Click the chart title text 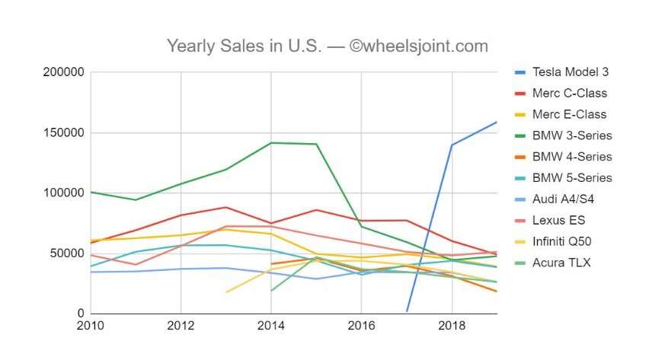click(327, 46)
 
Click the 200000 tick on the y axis click(64, 73)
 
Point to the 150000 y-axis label click(64, 133)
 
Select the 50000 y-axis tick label click(67, 253)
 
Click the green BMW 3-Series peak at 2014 click(271, 143)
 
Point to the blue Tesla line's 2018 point click(452, 145)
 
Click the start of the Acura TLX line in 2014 click(271, 291)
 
